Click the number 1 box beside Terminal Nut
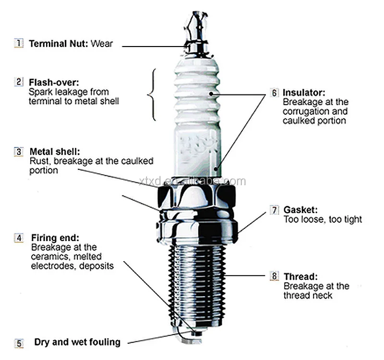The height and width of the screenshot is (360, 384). click(x=19, y=44)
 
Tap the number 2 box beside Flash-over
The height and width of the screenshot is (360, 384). click(x=19, y=82)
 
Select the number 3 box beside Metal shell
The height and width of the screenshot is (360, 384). click(x=19, y=152)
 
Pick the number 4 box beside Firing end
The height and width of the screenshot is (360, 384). click(x=19, y=238)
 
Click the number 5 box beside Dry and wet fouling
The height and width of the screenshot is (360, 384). click(x=19, y=343)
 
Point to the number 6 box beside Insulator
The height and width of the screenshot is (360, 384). click(x=274, y=93)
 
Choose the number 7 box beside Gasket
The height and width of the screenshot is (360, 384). click(x=274, y=210)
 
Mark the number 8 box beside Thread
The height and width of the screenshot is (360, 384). click(x=274, y=276)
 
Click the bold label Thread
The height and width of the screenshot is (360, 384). click(x=300, y=276)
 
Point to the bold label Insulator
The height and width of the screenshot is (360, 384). click(x=304, y=93)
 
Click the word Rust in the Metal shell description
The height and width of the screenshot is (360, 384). click(x=39, y=161)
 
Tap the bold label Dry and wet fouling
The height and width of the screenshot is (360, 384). click(x=77, y=343)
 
